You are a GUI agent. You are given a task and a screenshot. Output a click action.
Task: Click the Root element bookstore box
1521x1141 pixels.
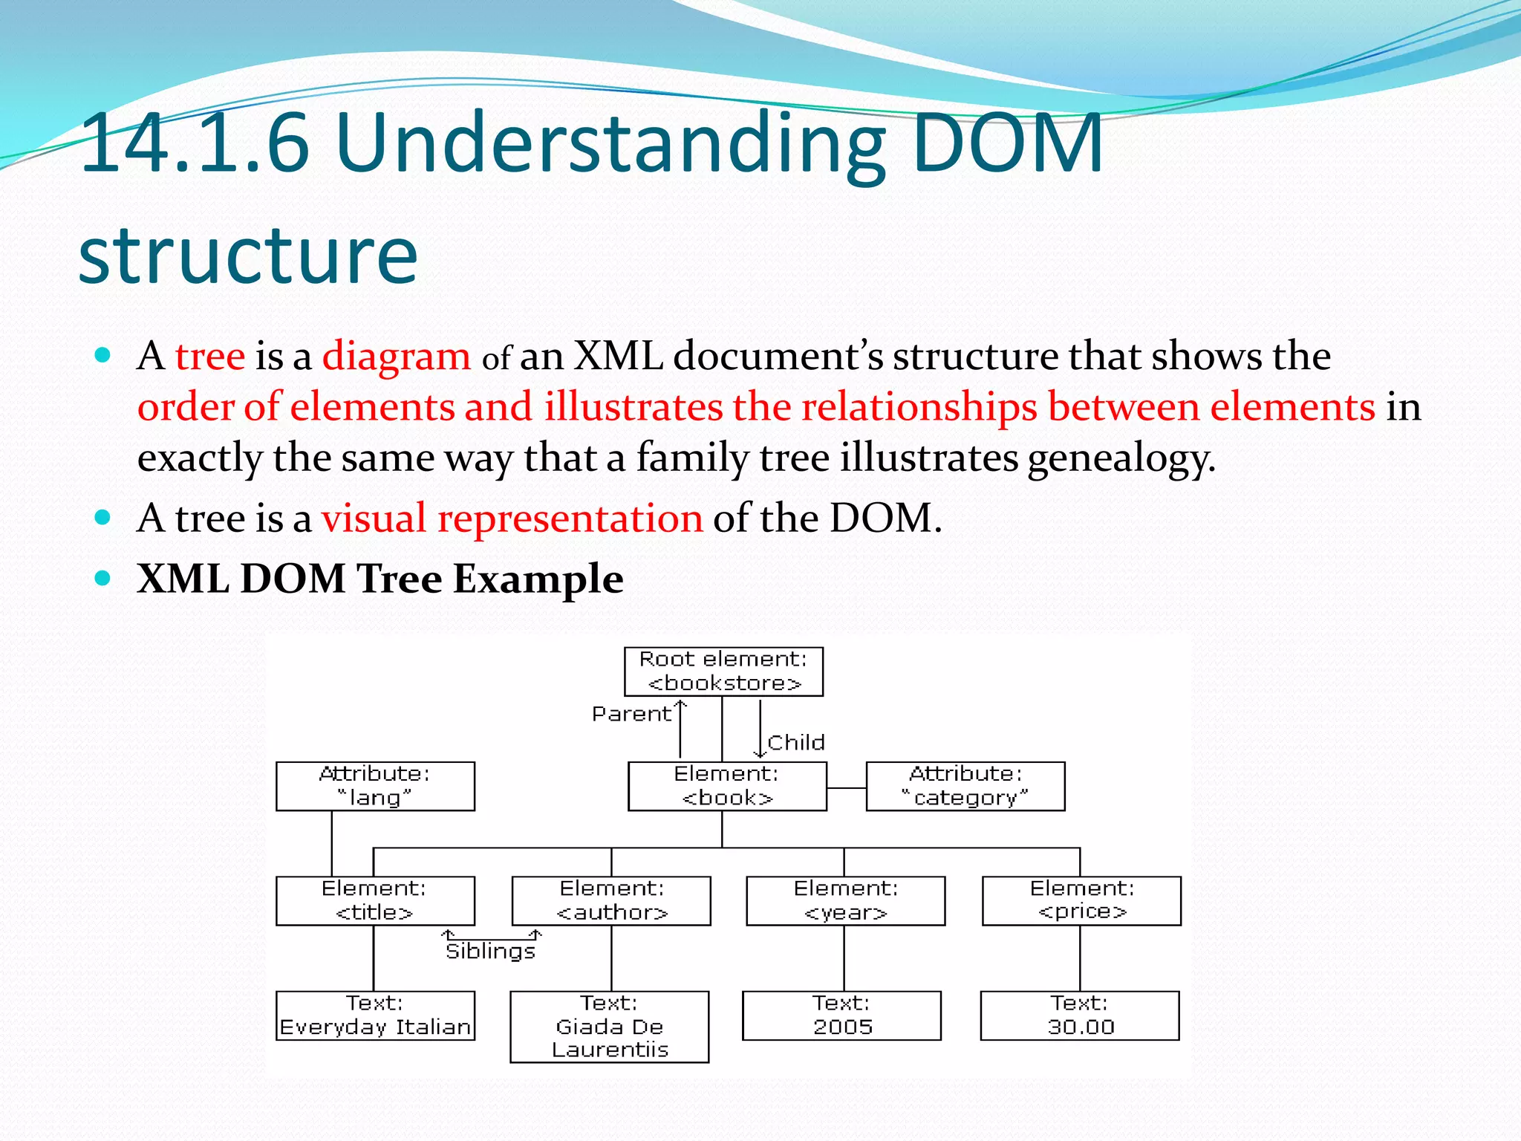tap(723, 672)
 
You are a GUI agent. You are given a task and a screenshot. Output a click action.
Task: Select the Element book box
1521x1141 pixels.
tap(727, 786)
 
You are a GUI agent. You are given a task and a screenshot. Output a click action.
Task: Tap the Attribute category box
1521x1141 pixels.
tap(965, 786)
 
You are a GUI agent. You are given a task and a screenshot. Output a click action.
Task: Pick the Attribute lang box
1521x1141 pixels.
tap(375, 786)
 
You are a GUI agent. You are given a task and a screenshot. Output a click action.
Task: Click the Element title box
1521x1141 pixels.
tap(375, 900)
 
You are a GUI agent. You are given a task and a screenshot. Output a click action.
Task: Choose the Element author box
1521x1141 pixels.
tap(611, 900)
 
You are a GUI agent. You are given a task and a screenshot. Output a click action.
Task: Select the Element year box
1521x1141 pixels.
tap(845, 900)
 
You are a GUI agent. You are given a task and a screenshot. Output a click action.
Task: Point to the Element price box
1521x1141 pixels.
tap(1081, 900)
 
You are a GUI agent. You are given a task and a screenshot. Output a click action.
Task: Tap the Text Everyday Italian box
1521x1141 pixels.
tap(375, 1015)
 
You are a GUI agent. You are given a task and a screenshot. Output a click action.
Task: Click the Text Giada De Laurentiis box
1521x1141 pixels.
tap(610, 1027)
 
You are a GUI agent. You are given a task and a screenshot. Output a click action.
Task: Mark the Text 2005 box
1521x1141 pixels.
tap(841, 1015)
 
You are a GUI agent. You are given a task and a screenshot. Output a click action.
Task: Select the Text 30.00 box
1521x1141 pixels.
tap(1080, 1015)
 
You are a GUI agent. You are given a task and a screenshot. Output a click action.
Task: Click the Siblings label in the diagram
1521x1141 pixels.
tap(490, 952)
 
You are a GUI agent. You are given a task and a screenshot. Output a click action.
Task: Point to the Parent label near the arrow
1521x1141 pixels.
tap(631, 714)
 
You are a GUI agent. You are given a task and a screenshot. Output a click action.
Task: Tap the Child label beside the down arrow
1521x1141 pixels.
tap(796, 743)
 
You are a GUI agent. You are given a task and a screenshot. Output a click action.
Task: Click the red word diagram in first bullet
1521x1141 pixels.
tap(396, 356)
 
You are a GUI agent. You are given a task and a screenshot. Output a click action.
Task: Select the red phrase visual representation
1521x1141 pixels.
tap(512, 518)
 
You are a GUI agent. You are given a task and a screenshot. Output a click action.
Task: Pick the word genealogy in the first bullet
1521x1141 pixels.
tap(1121, 458)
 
